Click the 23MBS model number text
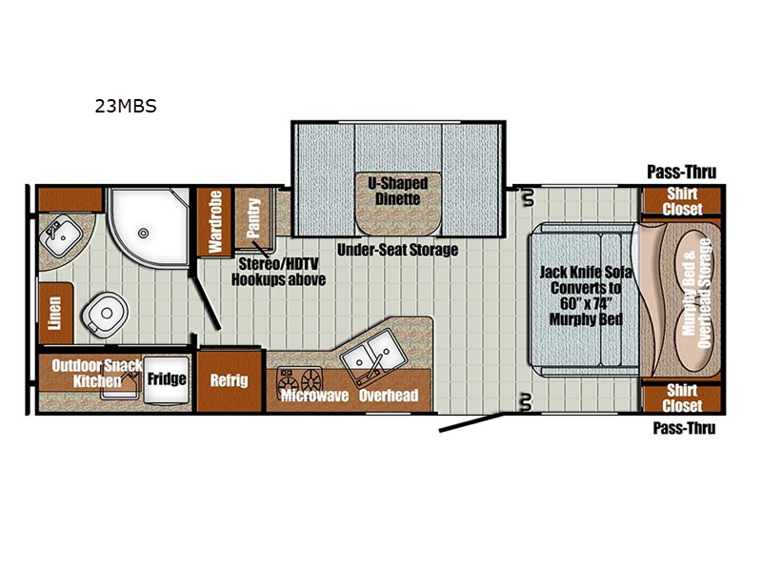[x=126, y=106]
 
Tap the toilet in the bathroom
[x=105, y=315]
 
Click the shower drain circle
[x=143, y=233]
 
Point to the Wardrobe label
[x=215, y=221]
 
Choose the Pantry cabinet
[x=253, y=218]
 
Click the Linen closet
[x=55, y=313]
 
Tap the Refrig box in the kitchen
[x=230, y=380]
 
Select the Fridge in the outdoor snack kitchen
[x=166, y=379]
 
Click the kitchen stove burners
[x=299, y=379]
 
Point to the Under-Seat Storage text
[x=397, y=250]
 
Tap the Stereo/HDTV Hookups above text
[x=278, y=272]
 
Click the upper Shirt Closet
[x=682, y=201]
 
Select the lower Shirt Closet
[x=682, y=398]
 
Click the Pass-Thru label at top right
[x=681, y=172]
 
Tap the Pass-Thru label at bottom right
[x=684, y=428]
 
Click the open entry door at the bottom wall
[x=471, y=422]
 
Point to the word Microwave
[x=315, y=396]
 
